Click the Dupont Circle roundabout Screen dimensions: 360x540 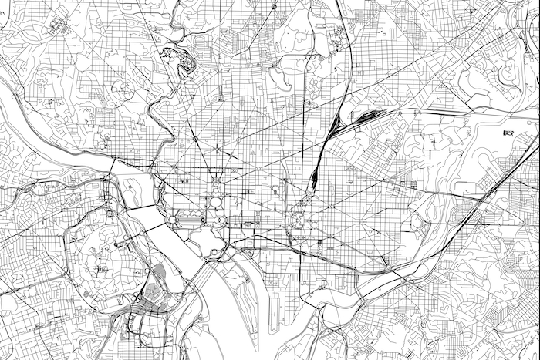pyautogui.click(x=195, y=140)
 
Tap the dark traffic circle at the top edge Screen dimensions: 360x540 pyautogui.click(x=274, y=7)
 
